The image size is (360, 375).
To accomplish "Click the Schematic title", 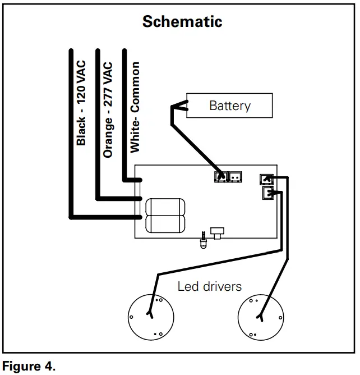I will (x=182, y=21).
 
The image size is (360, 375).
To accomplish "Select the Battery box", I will (x=230, y=106).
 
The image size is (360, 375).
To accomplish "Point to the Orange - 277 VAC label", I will (x=108, y=110).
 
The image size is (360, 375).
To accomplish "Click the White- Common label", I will (x=135, y=107).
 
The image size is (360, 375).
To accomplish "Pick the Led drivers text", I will (x=210, y=286).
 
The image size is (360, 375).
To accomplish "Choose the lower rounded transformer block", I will (x=165, y=224).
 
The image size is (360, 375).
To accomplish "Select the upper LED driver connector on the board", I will (x=266, y=180).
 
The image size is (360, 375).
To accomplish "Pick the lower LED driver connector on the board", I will (x=269, y=194).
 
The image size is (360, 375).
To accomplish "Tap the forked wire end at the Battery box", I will (x=178, y=106).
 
